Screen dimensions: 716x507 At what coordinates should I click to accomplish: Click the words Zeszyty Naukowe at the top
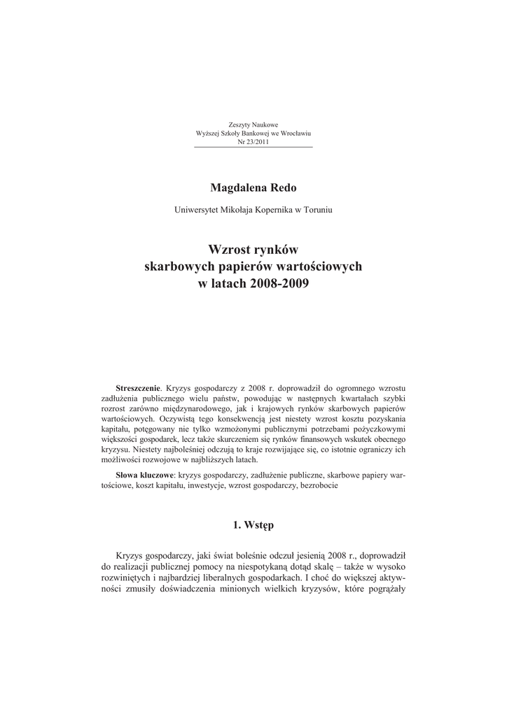(253, 124)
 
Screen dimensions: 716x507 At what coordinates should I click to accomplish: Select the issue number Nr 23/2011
(253, 141)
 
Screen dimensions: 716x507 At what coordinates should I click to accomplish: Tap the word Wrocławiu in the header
(295, 133)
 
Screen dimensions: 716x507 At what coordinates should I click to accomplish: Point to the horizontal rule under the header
(253, 148)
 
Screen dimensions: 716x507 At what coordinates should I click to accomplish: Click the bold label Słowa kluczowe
(143, 475)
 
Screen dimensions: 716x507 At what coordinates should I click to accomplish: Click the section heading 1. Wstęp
(253, 525)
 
